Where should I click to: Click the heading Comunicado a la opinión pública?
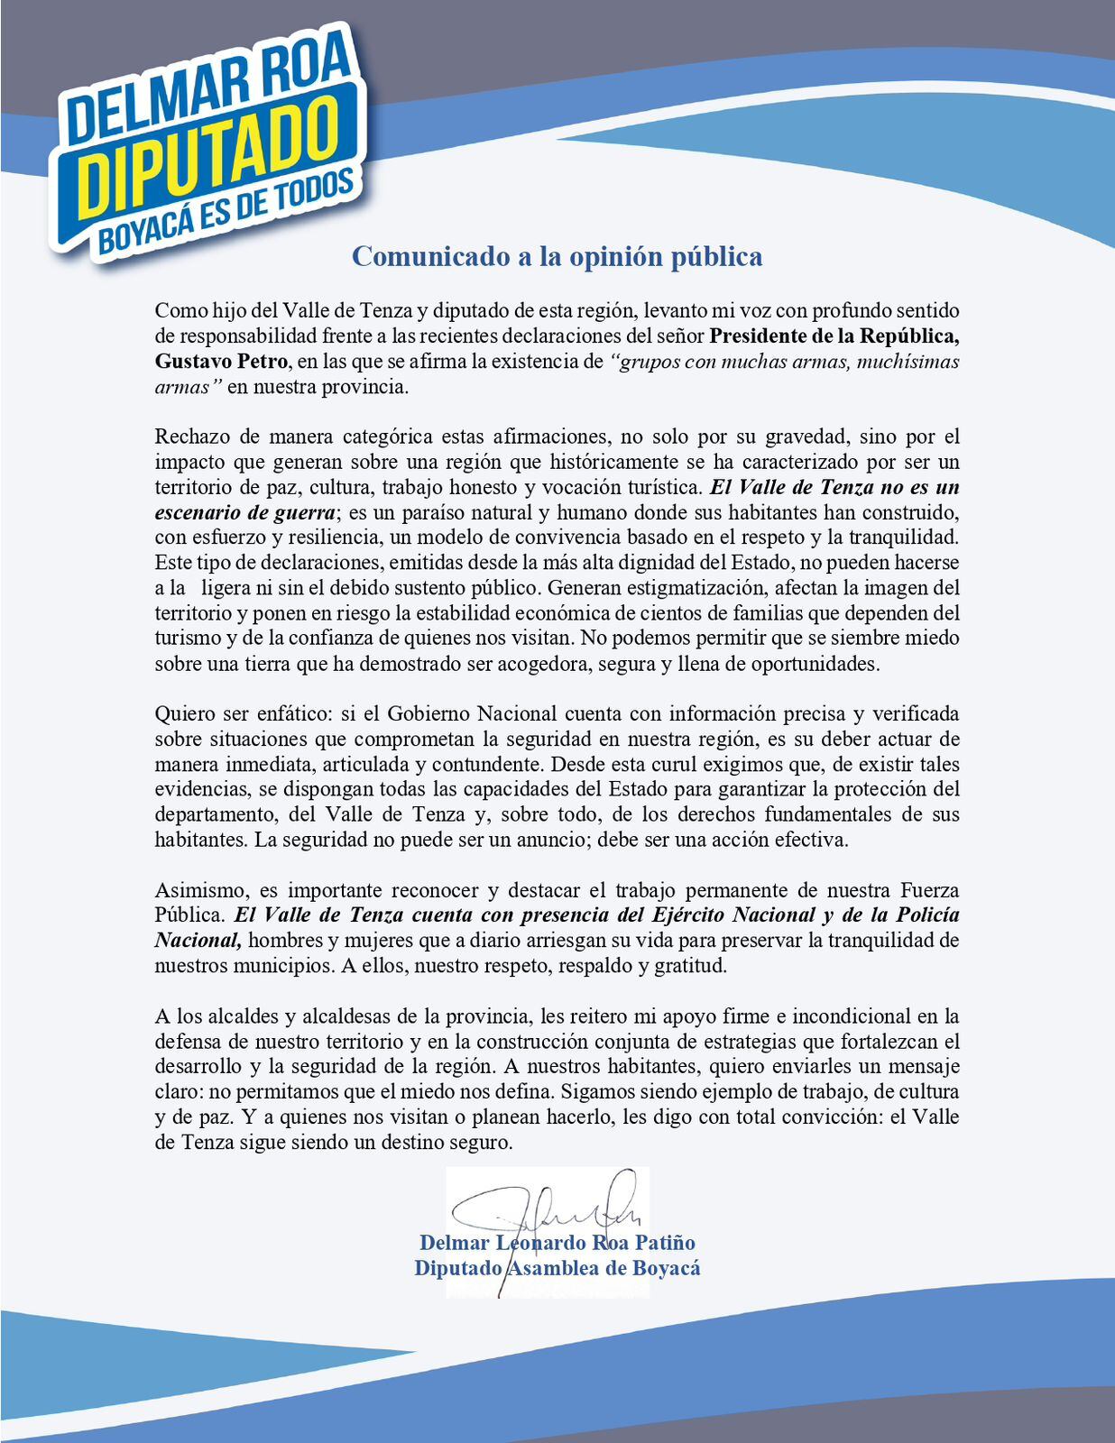point(557,256)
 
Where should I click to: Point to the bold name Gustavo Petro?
point(221,362)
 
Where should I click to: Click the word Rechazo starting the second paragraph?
point(191,437)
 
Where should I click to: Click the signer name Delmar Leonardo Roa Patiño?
point(557,1243)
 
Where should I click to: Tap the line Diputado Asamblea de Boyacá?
point(557,1268)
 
